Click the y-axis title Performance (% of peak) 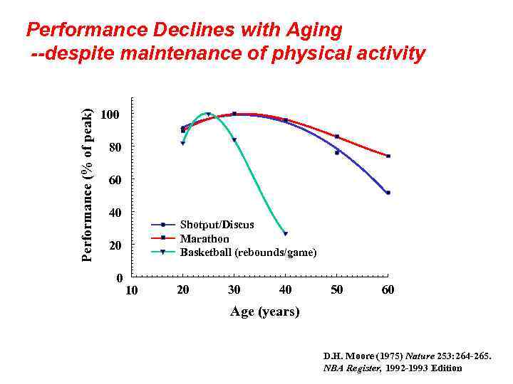87,185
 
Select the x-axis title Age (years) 264,311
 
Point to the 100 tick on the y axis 110,114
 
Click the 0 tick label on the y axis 120,277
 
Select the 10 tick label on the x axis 132,290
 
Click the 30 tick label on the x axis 234,290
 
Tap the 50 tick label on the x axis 337,290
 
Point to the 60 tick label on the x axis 388,290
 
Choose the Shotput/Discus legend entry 217,225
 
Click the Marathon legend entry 204,239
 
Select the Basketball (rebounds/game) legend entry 248,252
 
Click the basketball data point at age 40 286,233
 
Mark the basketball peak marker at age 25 208,114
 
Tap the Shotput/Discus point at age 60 388,193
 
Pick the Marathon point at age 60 388,156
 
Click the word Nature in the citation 419,355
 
